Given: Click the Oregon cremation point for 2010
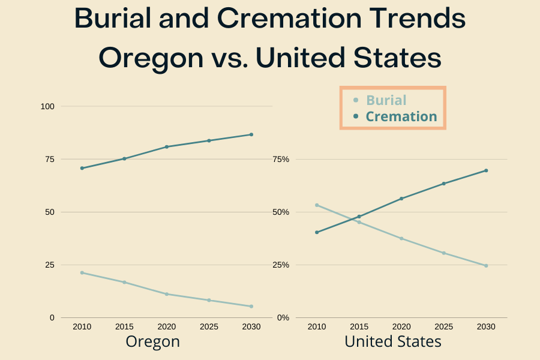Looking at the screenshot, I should point(82,168).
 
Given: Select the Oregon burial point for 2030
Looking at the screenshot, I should point(251,306).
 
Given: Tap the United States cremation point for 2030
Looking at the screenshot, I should point(486,170).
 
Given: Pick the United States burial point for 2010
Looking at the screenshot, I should point(317,205).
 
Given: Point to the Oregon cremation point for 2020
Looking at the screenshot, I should point(167,146).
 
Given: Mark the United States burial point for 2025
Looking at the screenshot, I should point(443,253).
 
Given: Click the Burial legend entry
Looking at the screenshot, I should point(386,100).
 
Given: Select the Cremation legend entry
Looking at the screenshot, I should point(401,116).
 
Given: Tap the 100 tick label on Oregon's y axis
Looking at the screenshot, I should point(47,106).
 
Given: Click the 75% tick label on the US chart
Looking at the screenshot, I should point(281,159).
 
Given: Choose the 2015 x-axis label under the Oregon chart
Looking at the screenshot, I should point(124,326).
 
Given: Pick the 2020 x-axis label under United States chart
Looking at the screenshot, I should point(401,326).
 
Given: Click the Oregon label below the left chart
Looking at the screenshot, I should point(152,341).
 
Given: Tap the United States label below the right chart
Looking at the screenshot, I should point(393,341).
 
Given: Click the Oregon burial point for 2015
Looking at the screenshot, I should point(124,282).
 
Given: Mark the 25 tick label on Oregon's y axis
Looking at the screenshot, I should point(49,265).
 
